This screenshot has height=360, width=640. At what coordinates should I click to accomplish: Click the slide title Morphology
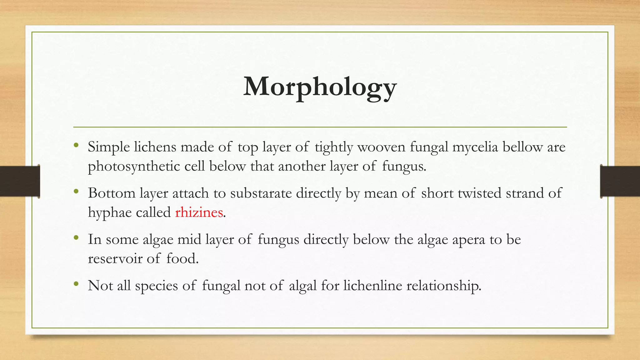pyautogui.click(x=320, y=87)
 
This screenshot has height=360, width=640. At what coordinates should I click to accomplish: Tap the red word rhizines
pyautogui.click(x=199, y=212)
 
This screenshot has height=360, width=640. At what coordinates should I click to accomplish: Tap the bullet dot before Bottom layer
pyautogui.click(x=76, y=191)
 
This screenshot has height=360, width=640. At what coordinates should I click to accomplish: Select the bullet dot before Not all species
pyautogui.click(x=76, y=284)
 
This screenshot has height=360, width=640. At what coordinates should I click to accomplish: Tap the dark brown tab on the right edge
pyautogui.click(x=620, y=181)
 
